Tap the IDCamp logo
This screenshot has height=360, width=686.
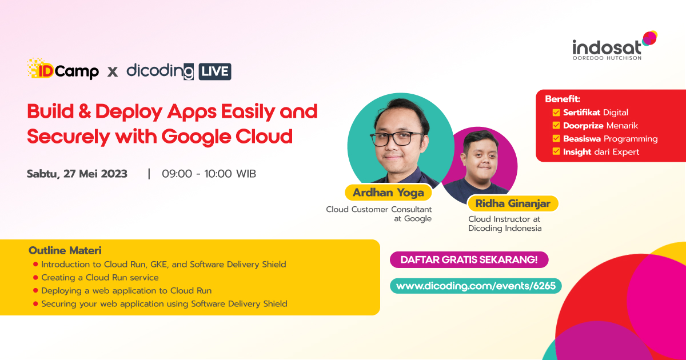pos(63,70)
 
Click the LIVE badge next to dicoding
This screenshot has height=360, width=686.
pos(215,71)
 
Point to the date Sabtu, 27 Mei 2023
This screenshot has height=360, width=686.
pos(77,174)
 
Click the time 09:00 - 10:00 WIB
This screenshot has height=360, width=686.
pos(209,174)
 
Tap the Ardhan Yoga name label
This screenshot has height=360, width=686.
pos(388,193)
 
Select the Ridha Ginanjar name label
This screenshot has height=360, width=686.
pos(513,203)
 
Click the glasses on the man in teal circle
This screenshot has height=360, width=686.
pos(397,138)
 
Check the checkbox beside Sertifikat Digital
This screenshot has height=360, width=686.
pos(556,113)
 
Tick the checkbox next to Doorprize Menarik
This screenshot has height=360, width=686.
pos(556,126)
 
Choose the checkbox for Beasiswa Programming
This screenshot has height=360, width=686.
pos(556,139)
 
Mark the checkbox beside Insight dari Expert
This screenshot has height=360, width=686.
pos(556,152)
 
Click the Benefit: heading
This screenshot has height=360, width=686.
pos(563,99)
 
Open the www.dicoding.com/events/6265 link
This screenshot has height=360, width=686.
pos(476,286)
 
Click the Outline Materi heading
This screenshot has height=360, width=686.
pos(65,251)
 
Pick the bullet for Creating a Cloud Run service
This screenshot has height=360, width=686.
pos(35,278)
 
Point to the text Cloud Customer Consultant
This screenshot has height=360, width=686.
pos(379,209)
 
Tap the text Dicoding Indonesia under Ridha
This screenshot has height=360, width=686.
pos(505,229)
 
